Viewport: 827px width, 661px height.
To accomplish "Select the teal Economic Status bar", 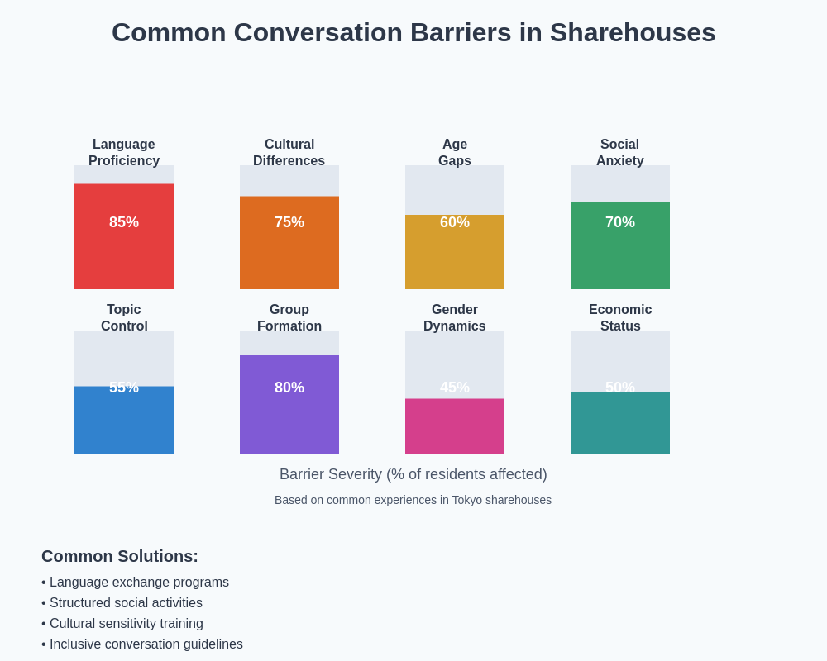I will point(620,426).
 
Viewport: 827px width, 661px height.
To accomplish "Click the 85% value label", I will point(124,222).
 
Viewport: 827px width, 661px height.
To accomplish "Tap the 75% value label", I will point(289,222).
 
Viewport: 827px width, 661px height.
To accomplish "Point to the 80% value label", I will point(289,388).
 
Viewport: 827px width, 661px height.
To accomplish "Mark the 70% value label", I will point(620,222).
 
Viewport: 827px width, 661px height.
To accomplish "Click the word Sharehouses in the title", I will point(633,32).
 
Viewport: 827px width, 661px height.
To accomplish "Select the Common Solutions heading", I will point(120,556).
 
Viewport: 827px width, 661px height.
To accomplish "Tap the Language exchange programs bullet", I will point(139,583).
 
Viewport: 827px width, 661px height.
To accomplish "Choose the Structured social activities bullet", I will point(126,603).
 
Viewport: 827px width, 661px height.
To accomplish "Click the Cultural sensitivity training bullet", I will point(126,624).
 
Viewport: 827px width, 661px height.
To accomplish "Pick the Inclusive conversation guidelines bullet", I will point(146,644).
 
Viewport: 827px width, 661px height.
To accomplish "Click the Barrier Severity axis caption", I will point(413,474).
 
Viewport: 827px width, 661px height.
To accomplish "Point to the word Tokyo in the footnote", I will point(468,500).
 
